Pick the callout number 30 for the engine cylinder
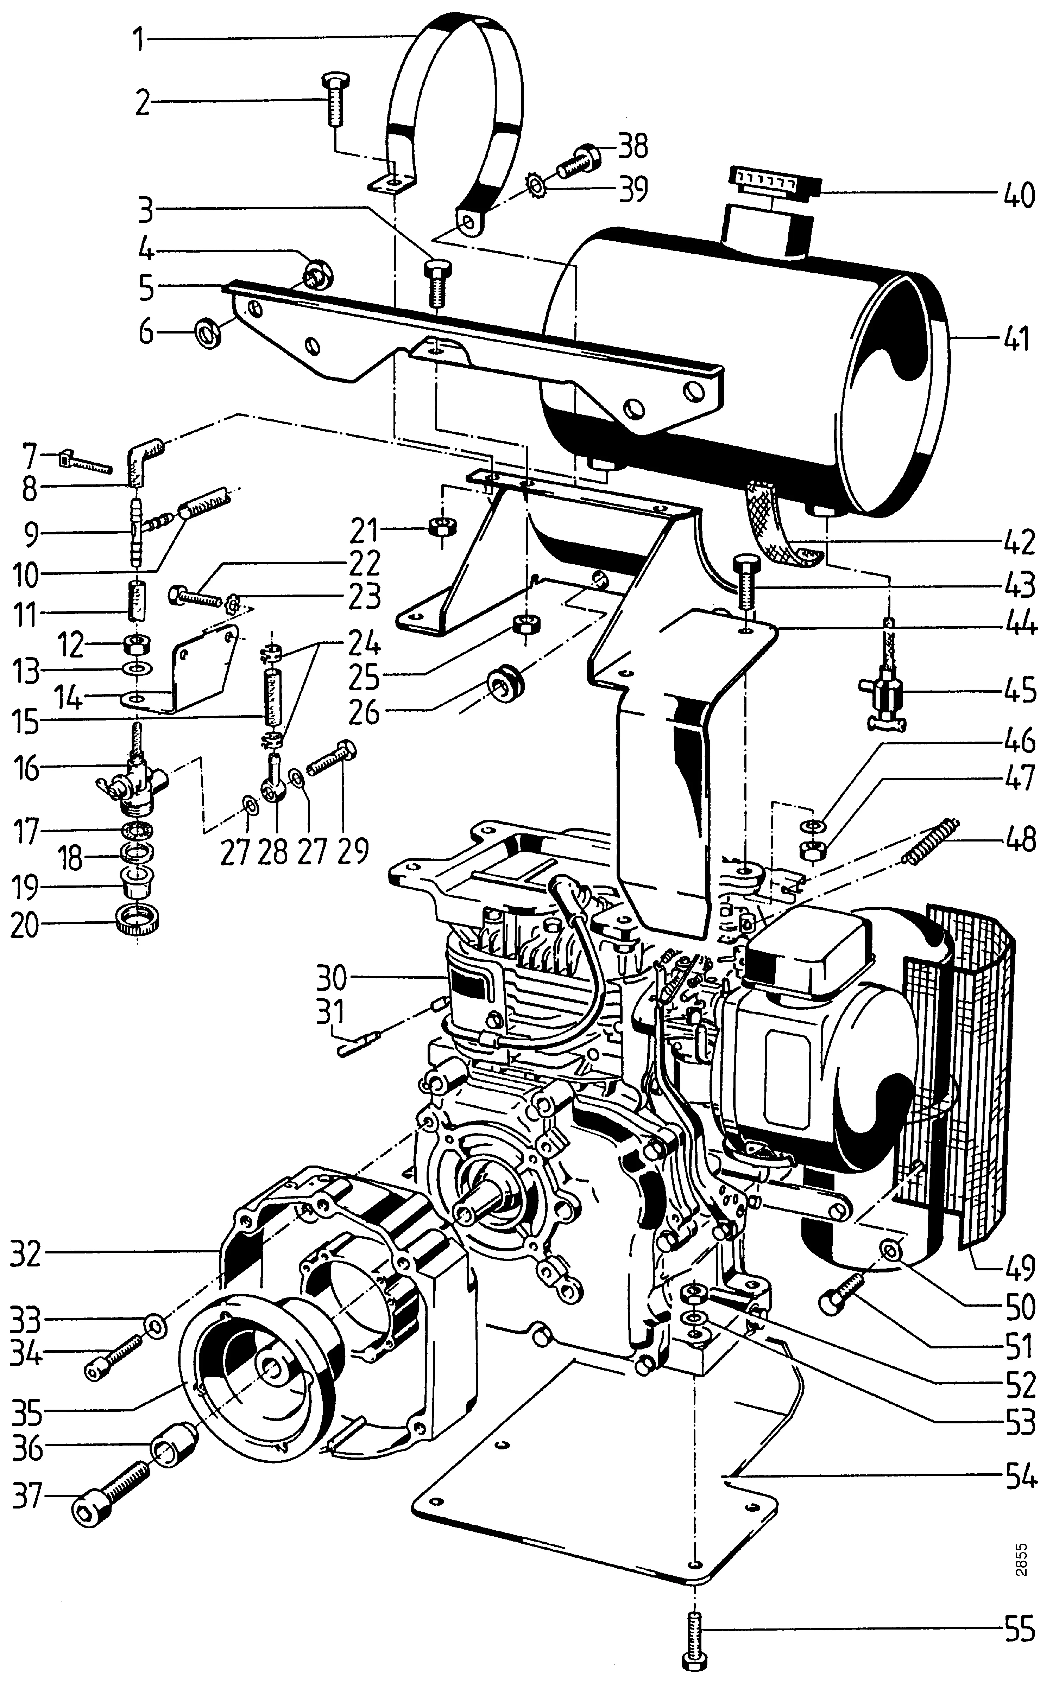tap(330, 977)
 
